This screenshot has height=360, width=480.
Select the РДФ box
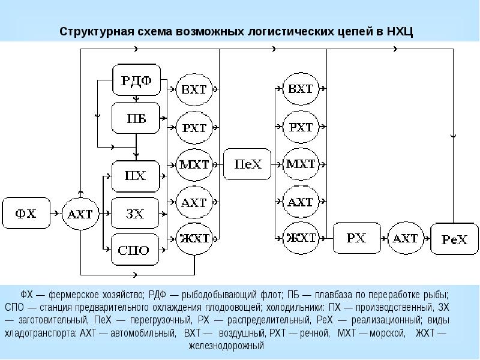tap(136, 80)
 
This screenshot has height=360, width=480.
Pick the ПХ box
tap(136, 176)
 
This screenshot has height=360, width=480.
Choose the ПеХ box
tap(247, 164)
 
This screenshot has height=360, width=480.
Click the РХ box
tap(356, 238)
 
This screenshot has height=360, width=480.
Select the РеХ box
tap(454, 239)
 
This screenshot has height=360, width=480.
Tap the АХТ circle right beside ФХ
tap(79, 214)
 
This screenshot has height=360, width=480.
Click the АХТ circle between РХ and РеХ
tap(405, 238)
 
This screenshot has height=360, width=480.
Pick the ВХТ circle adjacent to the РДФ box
tap(193, 90)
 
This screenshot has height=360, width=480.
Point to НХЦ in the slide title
tap(400, 31)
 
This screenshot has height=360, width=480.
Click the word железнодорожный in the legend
tap(226, 346)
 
